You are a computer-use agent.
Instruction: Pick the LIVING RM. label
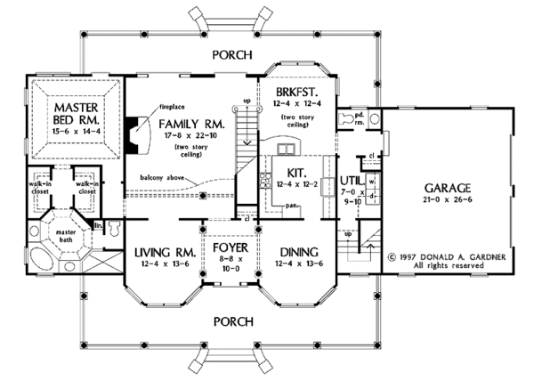pyautogui.click(x=160, y=252)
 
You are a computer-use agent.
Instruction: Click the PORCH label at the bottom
pyautogui.click(x=234, y=318)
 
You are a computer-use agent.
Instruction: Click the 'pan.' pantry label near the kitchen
pyautogui.click(x=291, y=203)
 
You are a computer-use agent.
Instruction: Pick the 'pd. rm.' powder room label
pyautogui.click(x=358, y=119)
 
